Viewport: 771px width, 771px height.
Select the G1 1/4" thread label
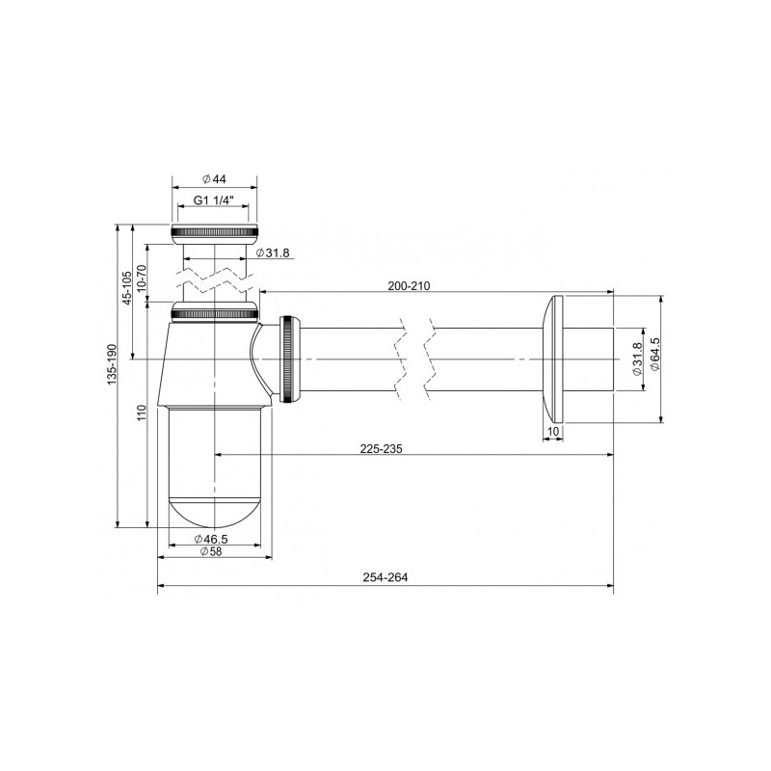pyautogui.click(x=217, y=200)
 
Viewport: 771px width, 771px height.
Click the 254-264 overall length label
pyautogui.click(x=385, y=579)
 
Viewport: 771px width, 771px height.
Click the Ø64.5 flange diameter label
pyautogui.click(x=656, y=358)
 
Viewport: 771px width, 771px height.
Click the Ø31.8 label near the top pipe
pyautogui.click(x=273, y=253)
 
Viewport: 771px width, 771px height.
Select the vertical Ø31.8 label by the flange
pyautogui.click(x=637, y=359)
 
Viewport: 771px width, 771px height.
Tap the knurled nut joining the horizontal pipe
pyautogui.click(x=290, y=359)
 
